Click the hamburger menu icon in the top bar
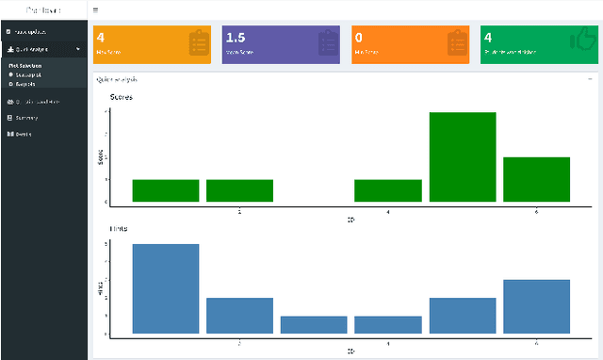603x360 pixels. pos(96,9)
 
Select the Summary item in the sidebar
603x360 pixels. pos(26,118)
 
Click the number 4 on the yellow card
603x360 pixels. pos(101,39)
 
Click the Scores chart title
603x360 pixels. pos(122,98)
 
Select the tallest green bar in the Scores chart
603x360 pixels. pos(462,156)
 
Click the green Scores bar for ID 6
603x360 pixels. pos(536,179)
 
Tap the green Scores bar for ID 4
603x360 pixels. pos(387,190)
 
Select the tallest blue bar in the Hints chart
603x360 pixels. pos(166,288)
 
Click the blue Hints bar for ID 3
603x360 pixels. pos(314,324)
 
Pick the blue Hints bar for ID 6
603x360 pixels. pos(536,306)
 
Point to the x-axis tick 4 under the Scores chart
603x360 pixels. pos(388,213)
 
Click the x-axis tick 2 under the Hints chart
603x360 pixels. pos(239,344)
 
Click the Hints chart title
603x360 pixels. pos(119,229)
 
